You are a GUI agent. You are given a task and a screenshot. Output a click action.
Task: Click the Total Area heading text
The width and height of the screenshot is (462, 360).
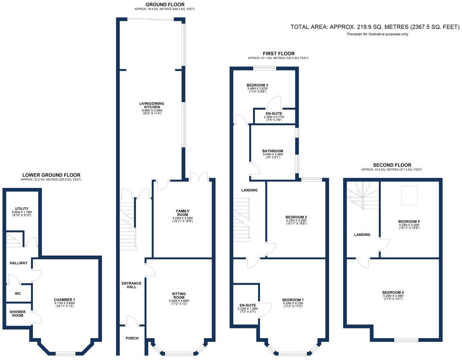(375, 27)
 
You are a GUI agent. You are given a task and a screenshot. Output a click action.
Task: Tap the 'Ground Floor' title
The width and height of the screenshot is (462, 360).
(165, 4)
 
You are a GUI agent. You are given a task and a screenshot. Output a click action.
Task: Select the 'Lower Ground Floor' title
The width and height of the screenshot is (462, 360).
(51, 175)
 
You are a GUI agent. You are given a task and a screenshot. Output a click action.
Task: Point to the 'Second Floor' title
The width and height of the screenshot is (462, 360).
(392, 165)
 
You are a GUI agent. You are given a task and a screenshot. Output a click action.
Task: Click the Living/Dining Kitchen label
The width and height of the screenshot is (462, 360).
(152, 105)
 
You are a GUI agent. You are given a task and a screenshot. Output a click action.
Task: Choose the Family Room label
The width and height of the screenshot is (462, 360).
(183, 213)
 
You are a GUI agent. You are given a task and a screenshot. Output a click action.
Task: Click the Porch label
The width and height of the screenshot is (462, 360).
(132, 338)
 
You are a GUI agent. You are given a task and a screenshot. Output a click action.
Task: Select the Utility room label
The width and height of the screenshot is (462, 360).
(22, 209)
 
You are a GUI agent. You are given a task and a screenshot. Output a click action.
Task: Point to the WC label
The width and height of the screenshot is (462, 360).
(18, 294)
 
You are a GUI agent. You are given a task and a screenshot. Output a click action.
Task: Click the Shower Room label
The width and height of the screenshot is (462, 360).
(18, 314)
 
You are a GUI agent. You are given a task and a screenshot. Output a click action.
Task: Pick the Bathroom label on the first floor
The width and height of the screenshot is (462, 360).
(272, 151)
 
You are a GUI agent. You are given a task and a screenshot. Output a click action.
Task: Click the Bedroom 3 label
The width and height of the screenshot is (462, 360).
(257, 85)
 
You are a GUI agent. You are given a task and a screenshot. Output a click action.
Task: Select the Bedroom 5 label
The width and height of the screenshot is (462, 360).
(409, 221)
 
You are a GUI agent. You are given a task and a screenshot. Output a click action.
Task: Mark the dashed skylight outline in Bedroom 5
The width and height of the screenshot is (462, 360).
(410, 195)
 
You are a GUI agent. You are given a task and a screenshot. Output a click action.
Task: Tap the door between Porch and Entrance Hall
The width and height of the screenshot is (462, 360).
(132, 321)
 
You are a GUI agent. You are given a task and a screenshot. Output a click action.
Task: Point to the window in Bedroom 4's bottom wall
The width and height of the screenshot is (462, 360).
(406, 340)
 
